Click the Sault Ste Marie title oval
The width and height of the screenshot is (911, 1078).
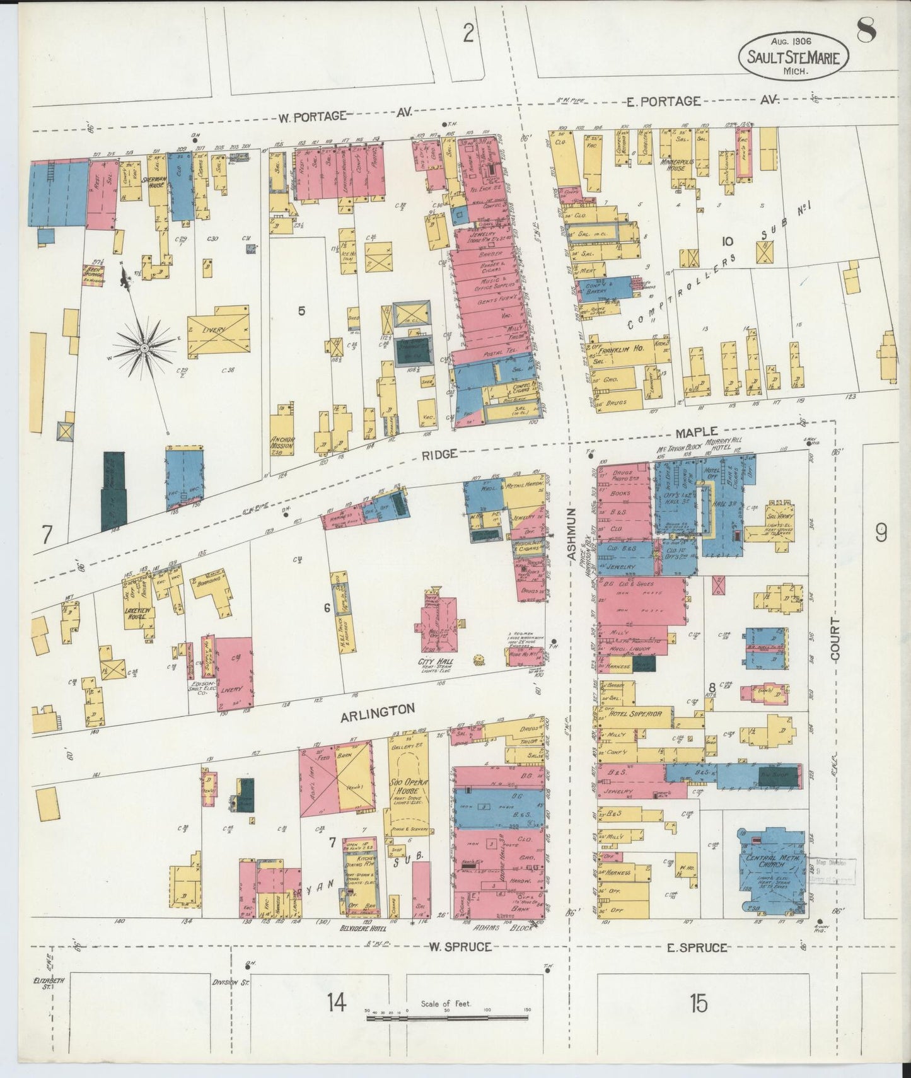point(793,55)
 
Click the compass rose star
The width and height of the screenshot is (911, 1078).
point(144,347)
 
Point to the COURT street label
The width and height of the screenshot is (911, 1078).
point(835,639)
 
